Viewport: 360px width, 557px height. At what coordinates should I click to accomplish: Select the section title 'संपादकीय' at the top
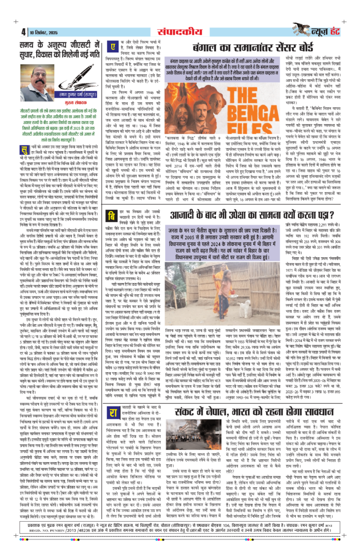coord(170,12)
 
